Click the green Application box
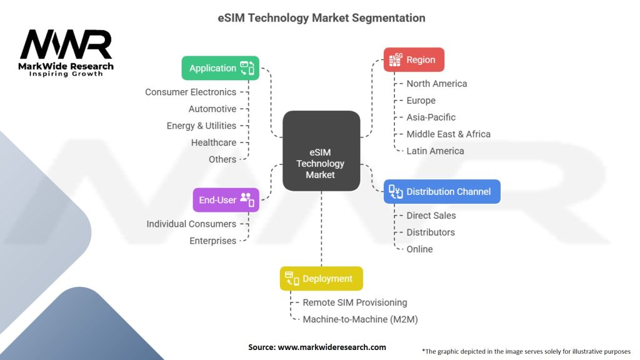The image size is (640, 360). click(x=220, y=68)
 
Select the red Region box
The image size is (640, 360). click(x=414, y=60)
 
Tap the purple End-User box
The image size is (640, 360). click(x=226, y=200)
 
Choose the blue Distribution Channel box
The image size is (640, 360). click(x=442, y=192)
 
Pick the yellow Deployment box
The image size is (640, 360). click(x=321, y=279)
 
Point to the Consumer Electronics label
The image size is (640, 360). click(x=191, y=92)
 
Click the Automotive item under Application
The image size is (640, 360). click(x=212, y=109)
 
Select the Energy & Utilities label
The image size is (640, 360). click(x=201, y=126)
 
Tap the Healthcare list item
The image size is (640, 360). click(x=214, y=142)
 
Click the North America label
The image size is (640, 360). click(x=436, y=84)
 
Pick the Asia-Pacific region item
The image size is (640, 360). click(x=431, y=117)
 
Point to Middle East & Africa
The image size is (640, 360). click(x=448, y=134)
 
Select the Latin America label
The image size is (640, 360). click(x=435, y=151)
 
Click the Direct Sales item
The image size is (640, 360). click(x=431, y=216)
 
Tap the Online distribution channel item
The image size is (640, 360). click(x=419, y=249)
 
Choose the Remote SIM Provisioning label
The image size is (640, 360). click(x=354, y=302)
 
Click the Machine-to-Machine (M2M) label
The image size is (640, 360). click(x=360, y=319)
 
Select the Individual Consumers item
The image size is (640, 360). click(x=191, y=224)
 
